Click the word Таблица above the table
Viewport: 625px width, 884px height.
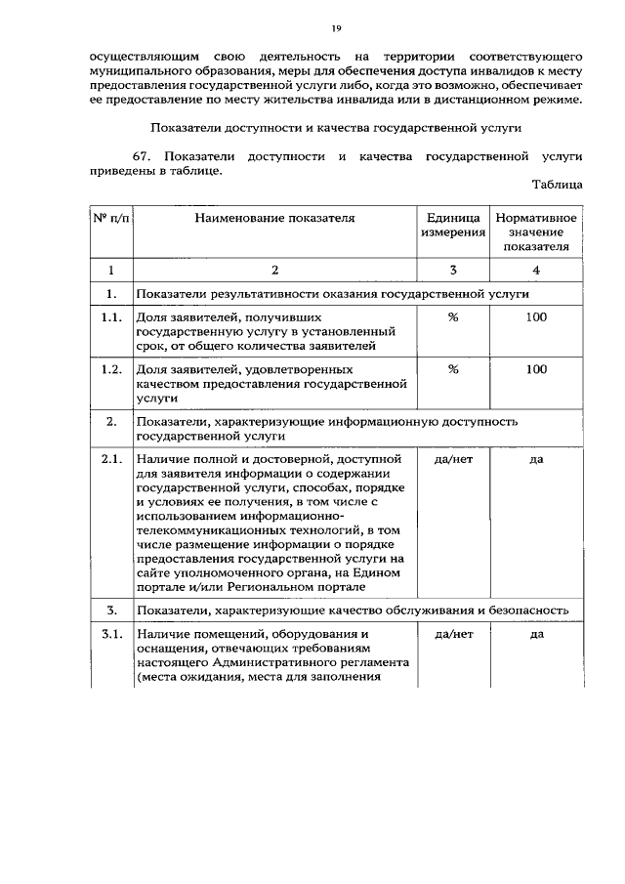557,184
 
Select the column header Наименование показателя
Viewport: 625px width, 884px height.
273,218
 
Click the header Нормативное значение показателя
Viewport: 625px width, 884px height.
536,232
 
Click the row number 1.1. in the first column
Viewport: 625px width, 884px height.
111,316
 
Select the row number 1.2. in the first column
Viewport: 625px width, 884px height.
111,370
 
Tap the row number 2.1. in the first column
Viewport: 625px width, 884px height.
111,459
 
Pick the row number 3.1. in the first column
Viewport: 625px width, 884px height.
111,635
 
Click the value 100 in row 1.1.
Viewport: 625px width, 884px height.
536,316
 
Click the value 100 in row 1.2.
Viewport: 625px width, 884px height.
536,370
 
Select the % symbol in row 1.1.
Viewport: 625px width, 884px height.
453,316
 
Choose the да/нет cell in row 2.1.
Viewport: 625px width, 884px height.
453,459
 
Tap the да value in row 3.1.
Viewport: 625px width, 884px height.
536,635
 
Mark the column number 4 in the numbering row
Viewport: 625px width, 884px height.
536,270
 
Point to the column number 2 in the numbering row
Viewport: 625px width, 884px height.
274,270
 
